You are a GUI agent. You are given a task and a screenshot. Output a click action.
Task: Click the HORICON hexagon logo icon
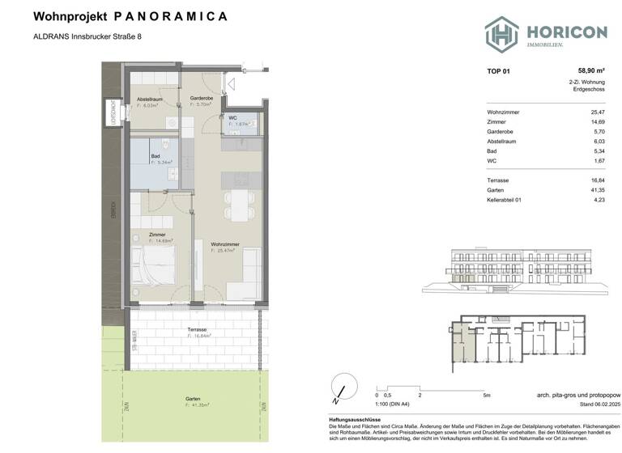pos(501,33)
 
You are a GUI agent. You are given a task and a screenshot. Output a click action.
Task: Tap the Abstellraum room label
pos(150,99)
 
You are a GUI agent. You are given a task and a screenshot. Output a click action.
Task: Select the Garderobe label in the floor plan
pos(201,99)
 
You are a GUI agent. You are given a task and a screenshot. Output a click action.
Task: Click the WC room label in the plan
pos(232,119)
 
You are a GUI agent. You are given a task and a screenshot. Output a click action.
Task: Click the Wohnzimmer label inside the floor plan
pos(224,244)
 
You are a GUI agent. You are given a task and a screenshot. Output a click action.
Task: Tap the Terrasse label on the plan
pos(196,330)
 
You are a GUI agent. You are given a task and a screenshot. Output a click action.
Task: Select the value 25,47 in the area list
pos(598,112)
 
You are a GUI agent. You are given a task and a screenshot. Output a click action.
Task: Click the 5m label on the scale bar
pos(485,396)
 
